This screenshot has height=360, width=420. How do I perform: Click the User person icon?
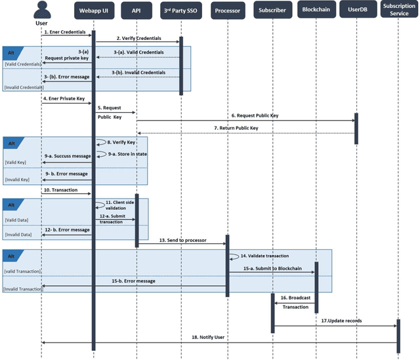click(x=41, y=10)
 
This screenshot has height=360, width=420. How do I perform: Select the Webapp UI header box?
click(x=93, y=10)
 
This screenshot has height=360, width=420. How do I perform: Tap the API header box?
click(x=136, y=10)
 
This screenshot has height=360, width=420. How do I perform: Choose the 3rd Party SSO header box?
click(x=182, y=10)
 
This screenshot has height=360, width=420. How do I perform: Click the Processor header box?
click(x=228, y=10)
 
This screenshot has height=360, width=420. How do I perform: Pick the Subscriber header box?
click(x=272, y=10)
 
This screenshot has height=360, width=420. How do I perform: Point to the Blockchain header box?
click(x=316, y=10)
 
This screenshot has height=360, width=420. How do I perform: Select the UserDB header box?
click(x=357, y=10)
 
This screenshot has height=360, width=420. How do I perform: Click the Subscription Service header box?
click(x=398, y=10)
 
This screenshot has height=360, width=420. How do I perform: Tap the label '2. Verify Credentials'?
click(x=138, y=39)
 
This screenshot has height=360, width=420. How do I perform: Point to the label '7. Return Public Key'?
click(x=236, y=128)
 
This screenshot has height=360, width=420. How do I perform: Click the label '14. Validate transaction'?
click(x=266, y=256)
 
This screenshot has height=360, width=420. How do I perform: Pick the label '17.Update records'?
click(x=341, y=320)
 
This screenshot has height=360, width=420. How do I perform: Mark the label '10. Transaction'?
click(x=62, y=190)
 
